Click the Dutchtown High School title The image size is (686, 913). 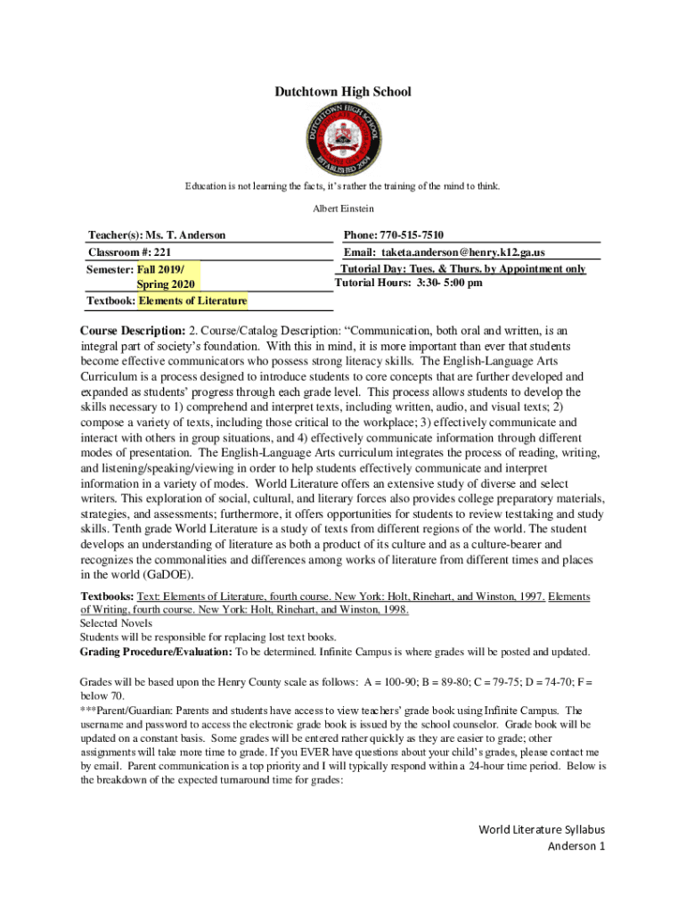pos(342,92)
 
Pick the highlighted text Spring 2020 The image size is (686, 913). pos(165,284)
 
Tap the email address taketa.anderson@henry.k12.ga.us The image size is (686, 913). pos(462,252)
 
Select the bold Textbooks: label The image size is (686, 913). pos(108,596)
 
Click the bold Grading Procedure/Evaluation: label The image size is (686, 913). pos(156,652)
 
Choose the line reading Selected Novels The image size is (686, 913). pos(116,623)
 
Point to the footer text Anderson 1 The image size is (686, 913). pos(576,846)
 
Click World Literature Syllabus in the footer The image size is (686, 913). pos(542,830)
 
